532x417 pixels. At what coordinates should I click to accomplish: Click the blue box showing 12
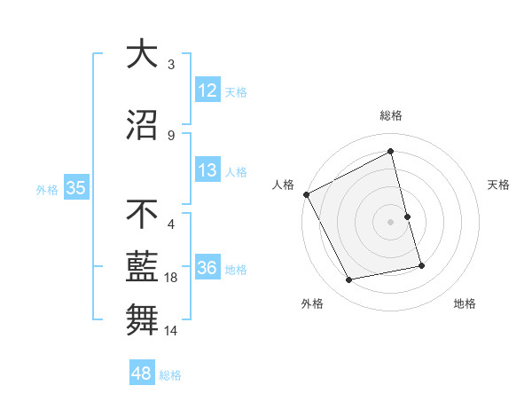207,90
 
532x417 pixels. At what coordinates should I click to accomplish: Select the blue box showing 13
207,170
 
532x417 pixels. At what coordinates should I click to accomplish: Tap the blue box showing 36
207,268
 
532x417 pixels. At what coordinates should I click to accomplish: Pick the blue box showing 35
76,188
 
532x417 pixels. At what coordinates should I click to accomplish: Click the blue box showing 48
142,374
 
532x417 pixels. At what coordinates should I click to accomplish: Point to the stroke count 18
172,278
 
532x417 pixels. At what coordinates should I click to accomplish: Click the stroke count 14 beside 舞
172,331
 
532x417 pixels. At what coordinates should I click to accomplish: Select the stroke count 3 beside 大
171,65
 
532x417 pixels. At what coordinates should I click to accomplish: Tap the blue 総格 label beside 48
170,375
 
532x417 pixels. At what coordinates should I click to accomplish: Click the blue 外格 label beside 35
47,189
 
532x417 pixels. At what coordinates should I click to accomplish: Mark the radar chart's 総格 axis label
391,115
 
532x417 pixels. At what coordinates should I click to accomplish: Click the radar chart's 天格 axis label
499,185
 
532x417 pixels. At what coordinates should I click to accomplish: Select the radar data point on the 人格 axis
307,194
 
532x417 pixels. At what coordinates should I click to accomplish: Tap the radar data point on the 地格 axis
421,264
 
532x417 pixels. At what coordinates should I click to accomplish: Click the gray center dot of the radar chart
391,222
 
